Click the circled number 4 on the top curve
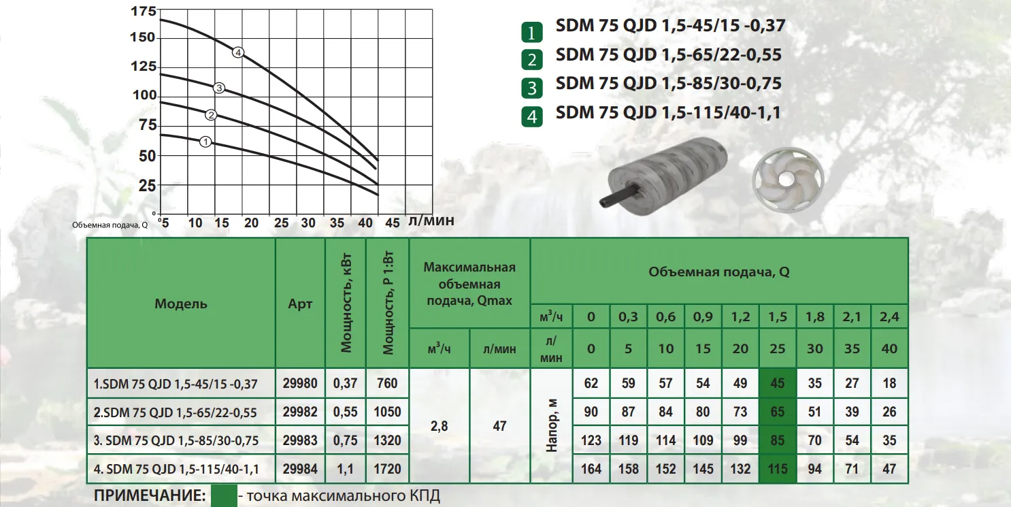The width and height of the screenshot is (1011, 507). coord(238,52)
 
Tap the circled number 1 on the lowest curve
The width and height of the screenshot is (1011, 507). coord(206,142)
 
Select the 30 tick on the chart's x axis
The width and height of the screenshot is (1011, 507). coord(308,223)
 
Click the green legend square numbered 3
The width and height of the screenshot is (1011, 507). coord(532,88)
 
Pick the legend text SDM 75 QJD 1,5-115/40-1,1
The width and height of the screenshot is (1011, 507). coord(667,112)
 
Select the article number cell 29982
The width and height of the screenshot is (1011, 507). coord(300,412)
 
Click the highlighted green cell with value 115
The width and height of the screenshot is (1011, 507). coord(777,469)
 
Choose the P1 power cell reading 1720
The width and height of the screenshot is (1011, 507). coord(387,469)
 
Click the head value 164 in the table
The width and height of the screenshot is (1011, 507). coord(591,469)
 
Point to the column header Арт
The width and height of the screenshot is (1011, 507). coord(300,304)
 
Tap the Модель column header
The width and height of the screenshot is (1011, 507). coord(181,304)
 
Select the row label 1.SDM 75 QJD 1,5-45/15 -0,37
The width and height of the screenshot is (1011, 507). coord(176,384)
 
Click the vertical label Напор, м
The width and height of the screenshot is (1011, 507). coord(552,426)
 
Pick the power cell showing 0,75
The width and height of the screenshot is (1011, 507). coord(346,440)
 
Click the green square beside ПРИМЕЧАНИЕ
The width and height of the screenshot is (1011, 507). coord(223,495)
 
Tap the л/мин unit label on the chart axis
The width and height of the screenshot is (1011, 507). coord(430,221)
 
